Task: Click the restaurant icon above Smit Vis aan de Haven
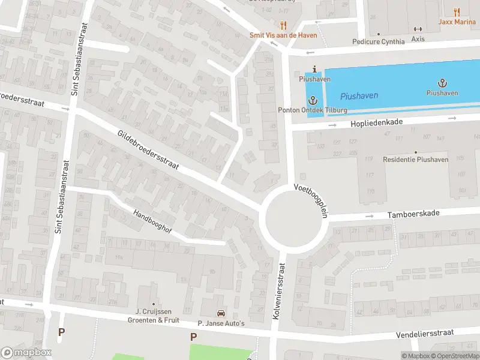point(284,25)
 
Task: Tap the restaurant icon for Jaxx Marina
point(457,11)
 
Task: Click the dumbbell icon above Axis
point(418,29)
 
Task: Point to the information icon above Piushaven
point(314,70)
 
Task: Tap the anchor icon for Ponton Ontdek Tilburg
point(313,100)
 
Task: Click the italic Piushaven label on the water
point(354,96)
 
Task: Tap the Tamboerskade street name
point(413,214)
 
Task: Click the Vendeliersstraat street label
point(428,333)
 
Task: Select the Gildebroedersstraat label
point(148,152)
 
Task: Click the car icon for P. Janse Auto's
point(221,313)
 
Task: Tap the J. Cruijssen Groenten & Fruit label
point(154,316)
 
